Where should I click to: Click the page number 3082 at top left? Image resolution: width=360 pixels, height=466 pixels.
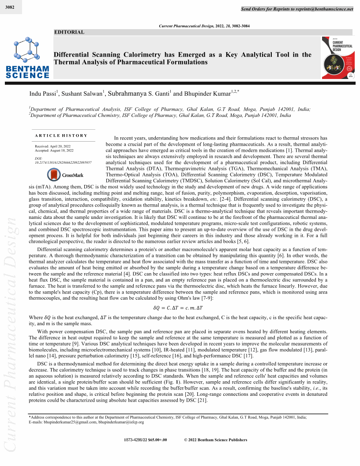(8, 7)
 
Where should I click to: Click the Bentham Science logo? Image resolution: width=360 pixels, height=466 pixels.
(27, 59)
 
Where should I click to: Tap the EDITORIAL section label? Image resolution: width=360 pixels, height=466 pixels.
(69, 32)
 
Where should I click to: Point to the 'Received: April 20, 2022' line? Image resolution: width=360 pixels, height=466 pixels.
(52, 146)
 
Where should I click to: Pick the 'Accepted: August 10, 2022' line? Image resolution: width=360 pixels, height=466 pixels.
(54, 150)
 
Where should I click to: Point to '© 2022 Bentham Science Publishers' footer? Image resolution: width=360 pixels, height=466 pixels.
(215, 440)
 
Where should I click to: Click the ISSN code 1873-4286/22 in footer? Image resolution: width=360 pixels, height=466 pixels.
(149, 440)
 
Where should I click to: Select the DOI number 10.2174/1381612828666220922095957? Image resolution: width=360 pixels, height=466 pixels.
(63, 162)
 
